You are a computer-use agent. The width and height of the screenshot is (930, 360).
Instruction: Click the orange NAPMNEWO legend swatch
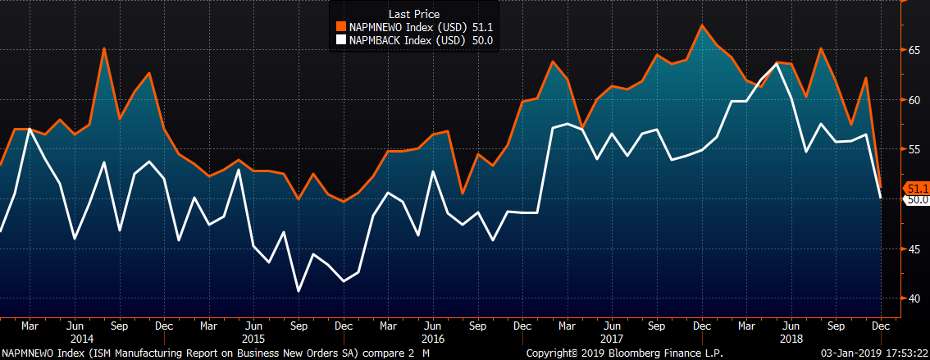341,26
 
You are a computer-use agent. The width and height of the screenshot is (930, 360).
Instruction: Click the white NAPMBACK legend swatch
341,39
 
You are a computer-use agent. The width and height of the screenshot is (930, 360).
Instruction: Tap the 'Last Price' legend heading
415,14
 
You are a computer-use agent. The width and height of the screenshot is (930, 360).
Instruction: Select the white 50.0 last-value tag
917,199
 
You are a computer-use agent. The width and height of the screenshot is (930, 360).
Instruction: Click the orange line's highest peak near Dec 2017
702,25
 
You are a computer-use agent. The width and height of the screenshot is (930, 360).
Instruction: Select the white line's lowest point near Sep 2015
298,291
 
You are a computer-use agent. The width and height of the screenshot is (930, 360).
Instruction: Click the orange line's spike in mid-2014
104,48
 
